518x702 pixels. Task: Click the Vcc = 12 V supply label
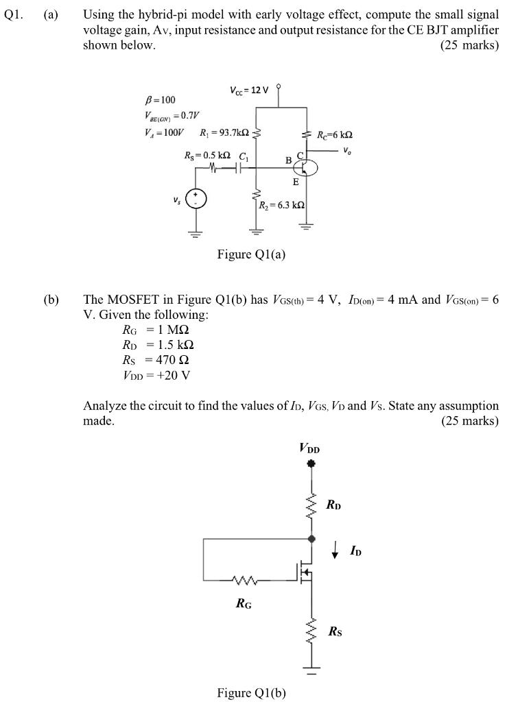(250, 90)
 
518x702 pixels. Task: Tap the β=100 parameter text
(160, 100)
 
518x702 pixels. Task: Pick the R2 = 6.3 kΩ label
(282, 205)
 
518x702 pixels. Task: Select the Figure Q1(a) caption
(251, 255)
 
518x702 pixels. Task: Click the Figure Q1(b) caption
(251, 692)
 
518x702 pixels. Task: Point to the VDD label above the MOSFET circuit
(309, 449)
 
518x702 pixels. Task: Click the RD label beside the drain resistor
(333, 505)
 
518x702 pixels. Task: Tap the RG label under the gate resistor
(243, 604)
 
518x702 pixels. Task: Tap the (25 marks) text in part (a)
(469, 45)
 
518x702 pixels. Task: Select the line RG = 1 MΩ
(157, 330)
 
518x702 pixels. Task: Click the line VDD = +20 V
(156, 375)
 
